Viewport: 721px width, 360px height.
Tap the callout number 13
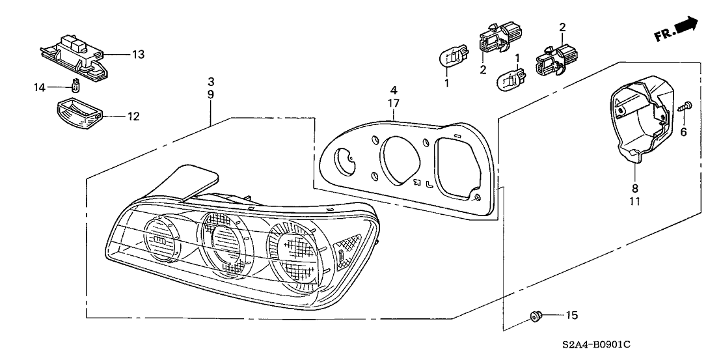tap(138, 54)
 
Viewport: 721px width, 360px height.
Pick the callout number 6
tap(683, 132)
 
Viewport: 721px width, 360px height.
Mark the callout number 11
tap(634, 202)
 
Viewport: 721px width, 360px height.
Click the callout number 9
tap(211, 94)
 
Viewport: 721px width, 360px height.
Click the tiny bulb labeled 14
tap(75, 85)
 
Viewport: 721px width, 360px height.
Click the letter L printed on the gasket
tap(429, 184)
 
